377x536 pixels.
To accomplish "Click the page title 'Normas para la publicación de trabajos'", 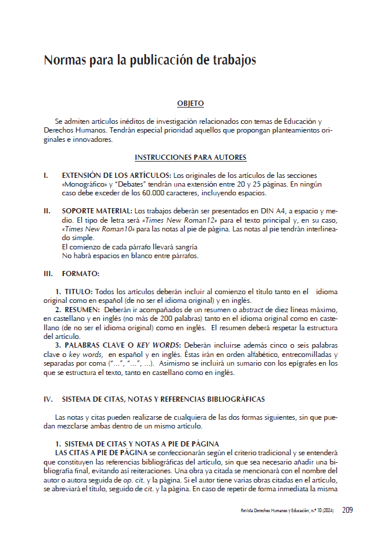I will pos(150,60).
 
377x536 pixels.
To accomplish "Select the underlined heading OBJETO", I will pos(190,103).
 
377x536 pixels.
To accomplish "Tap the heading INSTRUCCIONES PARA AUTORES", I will pos(191,158).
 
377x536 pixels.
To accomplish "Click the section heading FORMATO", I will pos(81,273).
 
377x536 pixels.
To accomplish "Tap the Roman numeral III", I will pos(49,273).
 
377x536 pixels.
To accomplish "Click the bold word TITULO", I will pos(77,291).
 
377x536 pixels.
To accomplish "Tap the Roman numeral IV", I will pos(49,399).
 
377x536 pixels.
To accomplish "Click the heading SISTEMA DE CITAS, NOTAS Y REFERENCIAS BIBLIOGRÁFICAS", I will pos(163,399).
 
